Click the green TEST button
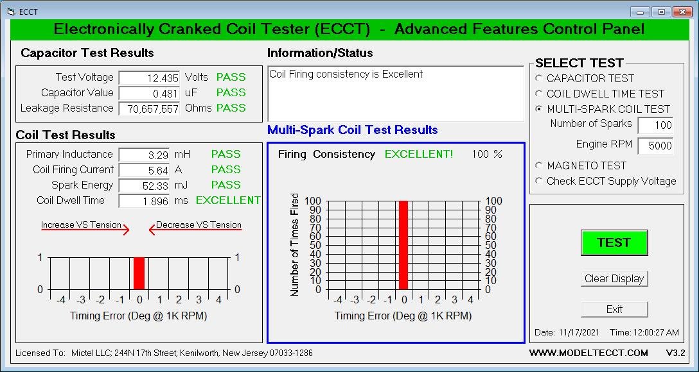pos(614,242)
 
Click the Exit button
pos(614,309)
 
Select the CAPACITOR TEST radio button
pos(539,78)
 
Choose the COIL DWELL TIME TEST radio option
pos(539,94)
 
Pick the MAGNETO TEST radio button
pos(539,165)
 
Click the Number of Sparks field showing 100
pos(655,125)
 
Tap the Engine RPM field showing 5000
pos(655,146)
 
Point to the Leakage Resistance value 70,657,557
pos(149,108)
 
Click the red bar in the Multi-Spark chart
pos(403,245)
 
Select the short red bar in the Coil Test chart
pos(139,273)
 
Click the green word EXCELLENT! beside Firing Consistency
pos(419,155)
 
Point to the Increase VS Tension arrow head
pos(126,230)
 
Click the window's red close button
pos(682,12)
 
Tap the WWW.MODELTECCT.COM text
pos(588,353)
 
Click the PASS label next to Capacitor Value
pos(231,92)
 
